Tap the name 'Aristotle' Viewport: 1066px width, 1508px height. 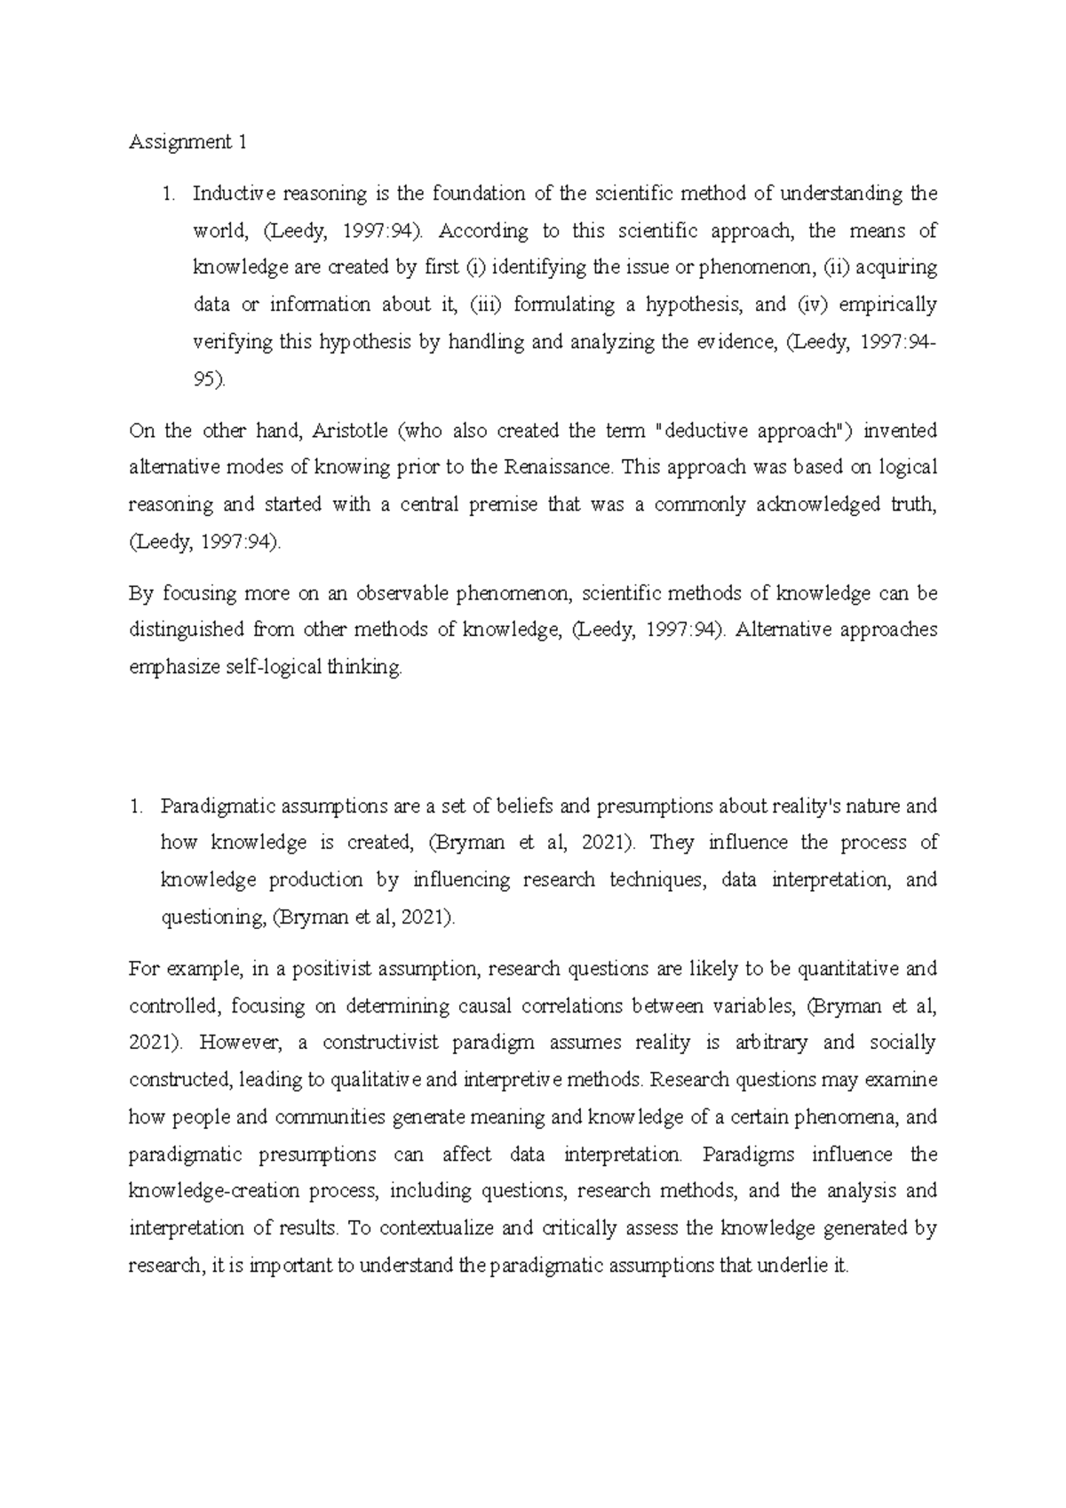(x=350, y=431)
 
